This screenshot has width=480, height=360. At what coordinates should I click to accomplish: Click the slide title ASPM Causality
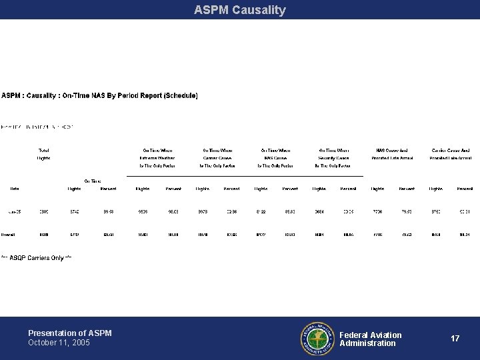[x=240, y=10]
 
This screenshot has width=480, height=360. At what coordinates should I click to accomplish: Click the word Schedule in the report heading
[x=179, y=96]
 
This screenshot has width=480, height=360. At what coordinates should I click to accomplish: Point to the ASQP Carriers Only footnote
[x=37, y=257]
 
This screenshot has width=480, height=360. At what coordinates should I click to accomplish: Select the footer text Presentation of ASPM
[x=70, y=333]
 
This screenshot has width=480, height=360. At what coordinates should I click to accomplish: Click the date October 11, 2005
[x=59, y=343]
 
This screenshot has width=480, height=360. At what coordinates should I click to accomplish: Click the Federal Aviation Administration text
[x=371, y=339]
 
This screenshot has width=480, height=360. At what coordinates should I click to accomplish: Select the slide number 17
[x=455, y=339]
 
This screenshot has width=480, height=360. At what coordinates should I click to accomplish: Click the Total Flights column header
[x=44, y=154]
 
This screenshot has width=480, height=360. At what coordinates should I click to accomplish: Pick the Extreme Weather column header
[x=159, y=157]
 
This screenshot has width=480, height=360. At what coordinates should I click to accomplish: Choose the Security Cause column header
[x=334, y=157]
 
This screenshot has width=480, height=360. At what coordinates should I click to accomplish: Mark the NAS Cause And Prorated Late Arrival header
[x=392, y=154]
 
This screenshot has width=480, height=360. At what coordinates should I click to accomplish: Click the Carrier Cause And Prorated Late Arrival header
[x=451, y=154]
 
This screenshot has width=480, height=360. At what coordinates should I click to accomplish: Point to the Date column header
[x=15, y=189]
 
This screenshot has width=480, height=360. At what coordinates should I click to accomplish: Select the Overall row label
[x=9, y=235]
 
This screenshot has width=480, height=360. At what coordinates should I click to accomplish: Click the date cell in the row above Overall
[x=13, y=212]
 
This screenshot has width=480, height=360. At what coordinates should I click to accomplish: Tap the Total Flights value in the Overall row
[x=44, y=235]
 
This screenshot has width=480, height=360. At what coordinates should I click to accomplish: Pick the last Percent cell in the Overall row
[x=465, y=235]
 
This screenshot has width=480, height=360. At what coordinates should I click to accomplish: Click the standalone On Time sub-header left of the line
[x=93, y=181]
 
